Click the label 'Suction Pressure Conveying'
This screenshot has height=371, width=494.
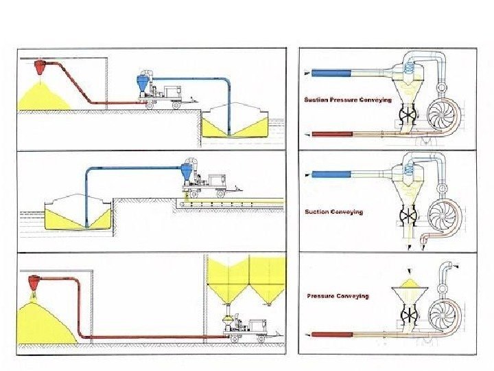348,100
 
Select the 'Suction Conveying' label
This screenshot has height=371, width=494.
334,212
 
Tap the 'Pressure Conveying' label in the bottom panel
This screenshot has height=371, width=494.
338,295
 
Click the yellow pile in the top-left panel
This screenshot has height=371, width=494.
41,96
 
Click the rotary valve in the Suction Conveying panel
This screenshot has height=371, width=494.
410,214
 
